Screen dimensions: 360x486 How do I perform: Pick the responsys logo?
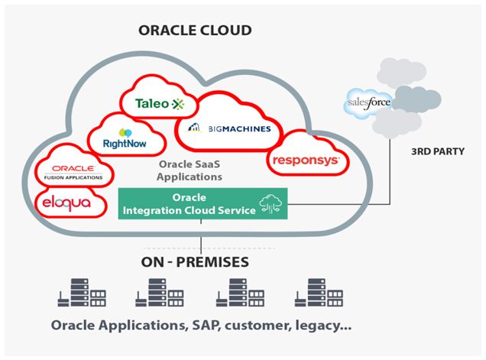point(305,161)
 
